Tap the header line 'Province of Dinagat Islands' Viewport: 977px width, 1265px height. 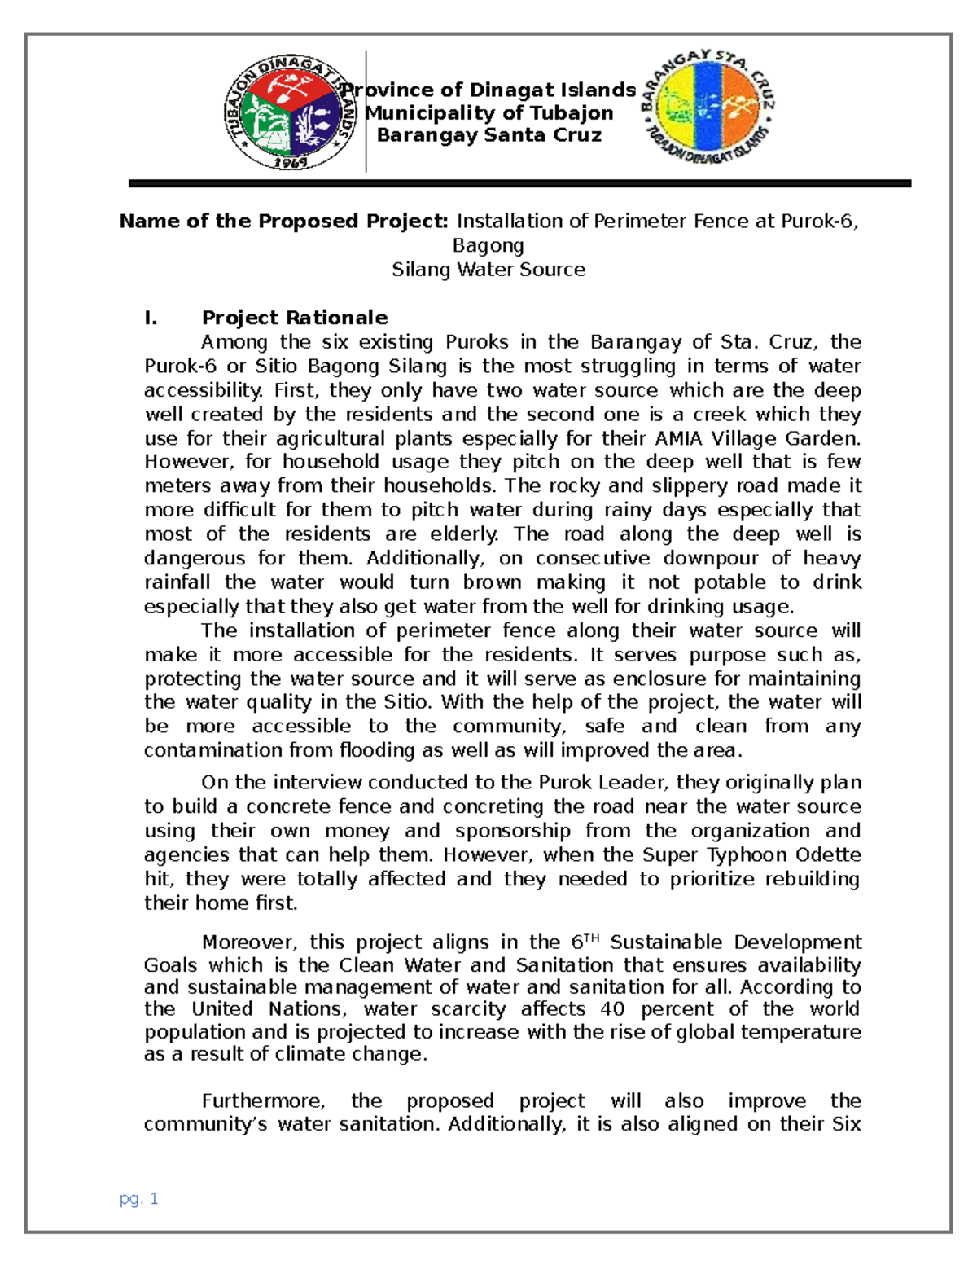(x=488, y=90)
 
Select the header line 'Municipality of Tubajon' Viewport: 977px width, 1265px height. (x=489, y=113)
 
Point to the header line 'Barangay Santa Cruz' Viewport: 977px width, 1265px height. (x=489, y=135)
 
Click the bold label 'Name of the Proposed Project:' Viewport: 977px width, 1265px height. (x=284, y=222)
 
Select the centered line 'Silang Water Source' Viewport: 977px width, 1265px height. (x=488, y=270)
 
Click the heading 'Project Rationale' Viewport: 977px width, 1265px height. (x=295, y=318)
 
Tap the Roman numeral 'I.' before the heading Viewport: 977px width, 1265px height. (x=151, y=318)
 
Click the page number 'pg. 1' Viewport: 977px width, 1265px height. (x=138, y=1198)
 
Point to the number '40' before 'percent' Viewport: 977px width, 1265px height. (x=612, y=1009)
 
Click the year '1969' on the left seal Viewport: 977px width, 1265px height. (x=290, y=162)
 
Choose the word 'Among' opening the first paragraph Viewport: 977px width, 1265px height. (x=234, y=342)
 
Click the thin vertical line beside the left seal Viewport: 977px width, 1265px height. (x=366, y=112)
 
